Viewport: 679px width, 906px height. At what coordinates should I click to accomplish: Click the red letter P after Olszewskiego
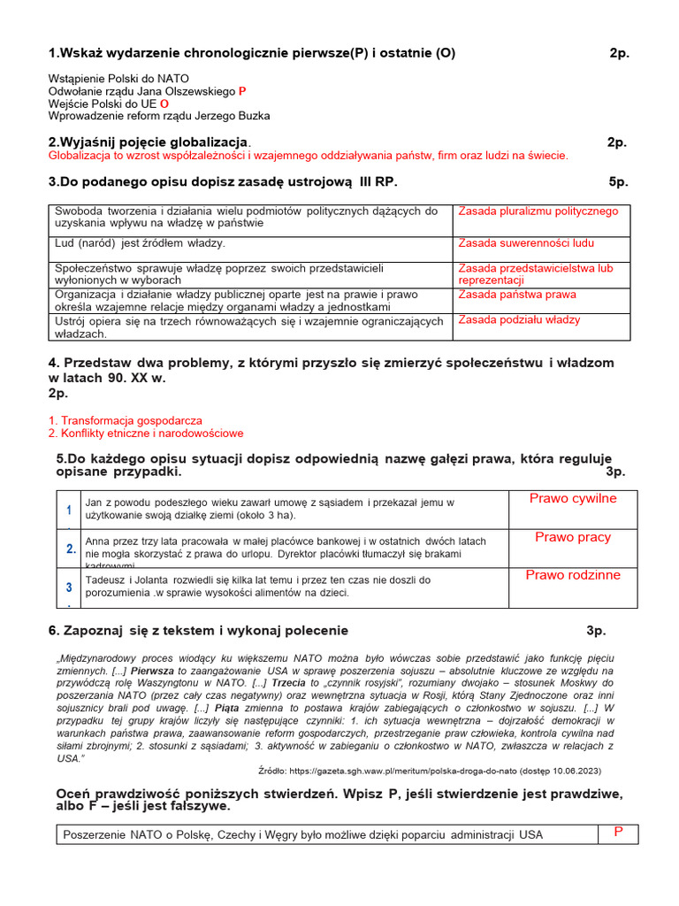tap(243, 91)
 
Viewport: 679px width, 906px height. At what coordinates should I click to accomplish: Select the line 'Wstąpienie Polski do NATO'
tap(118, 79)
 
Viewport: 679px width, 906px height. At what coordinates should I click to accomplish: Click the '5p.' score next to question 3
tap(618, 181)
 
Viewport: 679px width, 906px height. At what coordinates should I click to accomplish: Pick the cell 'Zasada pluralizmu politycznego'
tap(538, 211)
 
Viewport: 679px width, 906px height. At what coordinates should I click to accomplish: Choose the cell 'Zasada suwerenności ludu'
tap(526, 243)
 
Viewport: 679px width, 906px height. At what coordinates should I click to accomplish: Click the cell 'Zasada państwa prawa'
tap(517, 295)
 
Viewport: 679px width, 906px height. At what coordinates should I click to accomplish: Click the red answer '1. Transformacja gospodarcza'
tap(126, 420)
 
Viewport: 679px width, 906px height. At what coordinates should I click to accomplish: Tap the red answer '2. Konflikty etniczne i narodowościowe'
tap(146, 434)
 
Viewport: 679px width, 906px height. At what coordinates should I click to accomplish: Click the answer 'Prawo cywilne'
tap(573, 499)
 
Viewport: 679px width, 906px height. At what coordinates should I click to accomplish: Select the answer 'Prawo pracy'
tap(573, 538)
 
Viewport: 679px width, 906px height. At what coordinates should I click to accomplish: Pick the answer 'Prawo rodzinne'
tap(573, 575)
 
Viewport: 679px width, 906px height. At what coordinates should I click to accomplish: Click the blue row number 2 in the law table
tap(70, 549)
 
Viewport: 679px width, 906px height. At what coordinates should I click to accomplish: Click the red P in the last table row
tap(619, 832)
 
